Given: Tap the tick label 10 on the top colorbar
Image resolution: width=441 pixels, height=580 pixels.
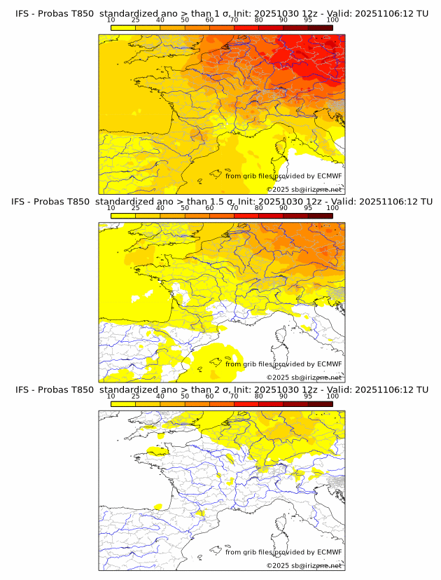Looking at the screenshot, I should pyautogui.click(x=111, y=21).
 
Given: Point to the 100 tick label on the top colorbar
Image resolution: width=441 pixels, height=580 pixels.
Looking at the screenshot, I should pyautogui.click(x=332, y=21).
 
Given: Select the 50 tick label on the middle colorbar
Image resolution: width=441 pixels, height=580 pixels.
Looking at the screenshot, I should pyautogui.click(x=185, y=208).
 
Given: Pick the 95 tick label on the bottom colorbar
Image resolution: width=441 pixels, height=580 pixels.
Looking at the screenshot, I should pyautogui.click(x=308, y=396).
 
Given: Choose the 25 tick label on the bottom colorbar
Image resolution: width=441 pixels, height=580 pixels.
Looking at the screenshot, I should pyautogui.click(x=136, y=396).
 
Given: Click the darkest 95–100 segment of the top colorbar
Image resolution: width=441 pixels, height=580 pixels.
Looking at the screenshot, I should pyautogui.click(x=320, y=27).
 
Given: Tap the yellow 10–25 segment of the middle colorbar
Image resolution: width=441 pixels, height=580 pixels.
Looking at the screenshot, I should pyautogui.click(x=123, y=216).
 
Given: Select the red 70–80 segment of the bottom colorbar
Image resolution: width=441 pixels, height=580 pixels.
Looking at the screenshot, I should pyautogui.click(x=246, y=404).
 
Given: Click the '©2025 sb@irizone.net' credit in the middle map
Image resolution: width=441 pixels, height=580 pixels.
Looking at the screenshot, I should pyautogui.click(x=304, y=377).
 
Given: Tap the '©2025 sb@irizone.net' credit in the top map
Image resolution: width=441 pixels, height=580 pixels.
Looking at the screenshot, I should pyautogui.click(x=304, y=189).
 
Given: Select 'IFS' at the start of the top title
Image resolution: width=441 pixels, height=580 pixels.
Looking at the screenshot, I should pyautogui.click(x=23, y=13).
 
